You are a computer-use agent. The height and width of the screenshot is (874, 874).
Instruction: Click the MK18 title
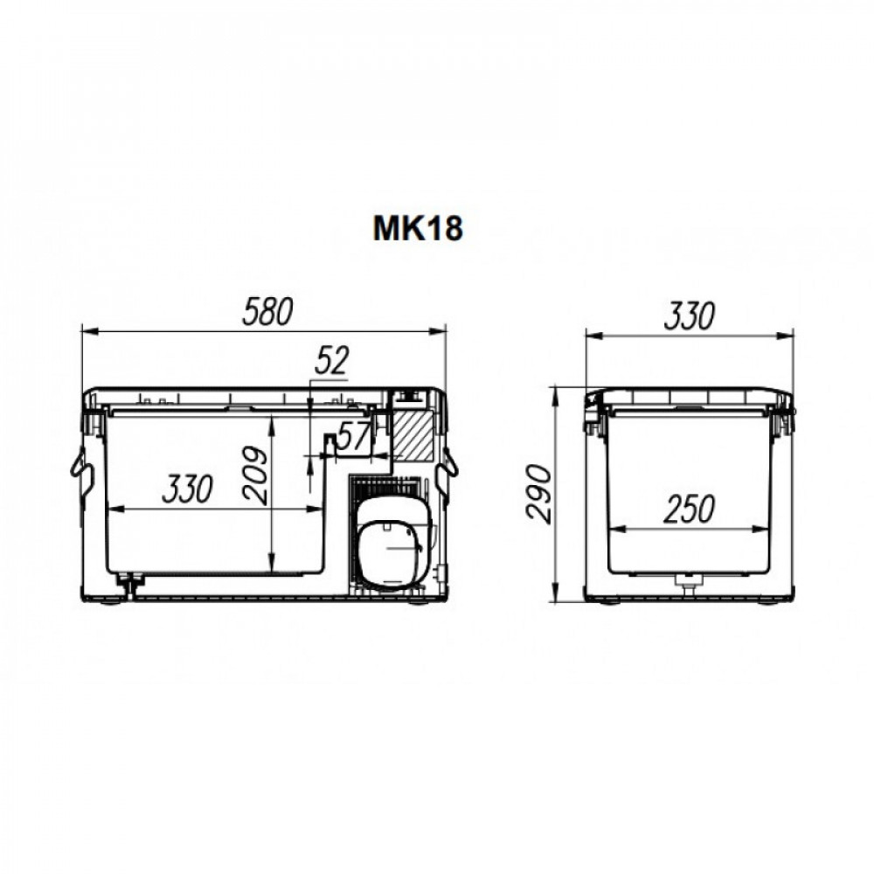(418, 228)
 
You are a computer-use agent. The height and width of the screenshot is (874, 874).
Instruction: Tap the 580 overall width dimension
(267, 312)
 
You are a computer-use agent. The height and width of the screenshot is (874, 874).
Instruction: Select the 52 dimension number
(331, 361)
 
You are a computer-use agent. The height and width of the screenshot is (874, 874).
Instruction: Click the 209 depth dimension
(255, 475)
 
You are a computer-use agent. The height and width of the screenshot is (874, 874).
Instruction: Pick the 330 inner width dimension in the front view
(187, 489)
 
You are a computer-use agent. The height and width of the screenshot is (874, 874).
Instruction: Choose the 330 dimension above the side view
(689, 316)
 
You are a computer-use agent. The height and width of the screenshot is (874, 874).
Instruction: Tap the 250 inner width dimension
(689, 510)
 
